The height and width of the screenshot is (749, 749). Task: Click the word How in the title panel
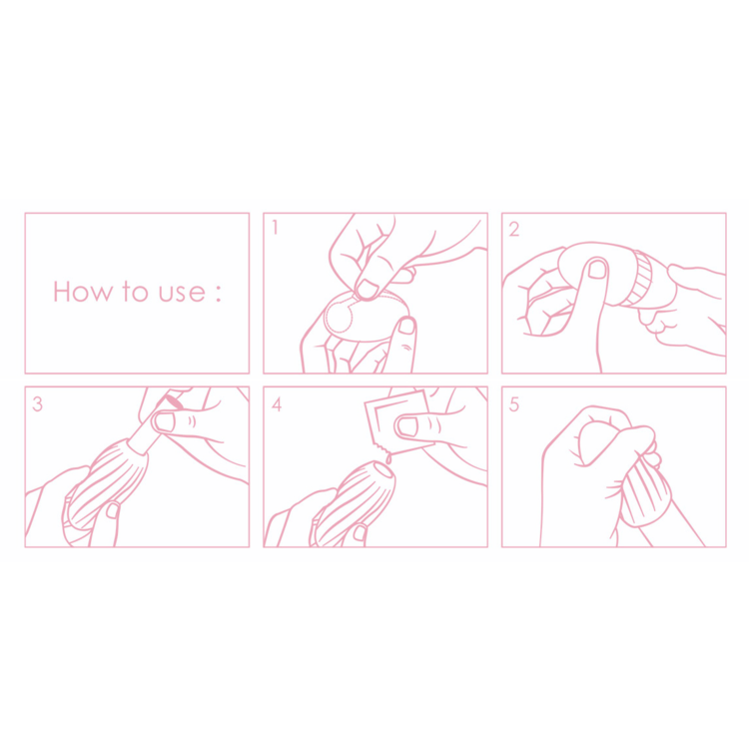[83, 291]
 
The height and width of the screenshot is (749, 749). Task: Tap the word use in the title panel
[182, 293]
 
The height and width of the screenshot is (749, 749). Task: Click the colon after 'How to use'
[219, 293]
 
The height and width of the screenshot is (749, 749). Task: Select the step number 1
[275, 228]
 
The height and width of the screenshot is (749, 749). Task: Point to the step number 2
[514, 230]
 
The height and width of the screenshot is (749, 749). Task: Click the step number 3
[37, 404]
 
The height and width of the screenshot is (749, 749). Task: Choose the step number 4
[277, 404]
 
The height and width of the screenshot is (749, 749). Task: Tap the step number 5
[514, 404]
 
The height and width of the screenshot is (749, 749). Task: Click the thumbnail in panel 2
[597, 269]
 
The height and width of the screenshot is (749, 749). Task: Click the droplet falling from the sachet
[388, 458]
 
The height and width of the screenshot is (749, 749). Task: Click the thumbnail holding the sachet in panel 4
[407, 426]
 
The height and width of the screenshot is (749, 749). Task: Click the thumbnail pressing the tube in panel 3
[165, 422]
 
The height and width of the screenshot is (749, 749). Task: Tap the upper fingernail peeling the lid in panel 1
[368, 289]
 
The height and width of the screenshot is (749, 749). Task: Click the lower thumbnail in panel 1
[407, 326]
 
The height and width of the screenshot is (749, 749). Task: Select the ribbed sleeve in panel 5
[646, 494]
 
